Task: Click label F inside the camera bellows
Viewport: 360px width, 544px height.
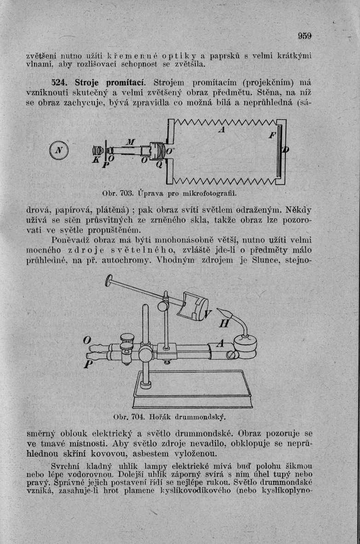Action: tap(271, 137)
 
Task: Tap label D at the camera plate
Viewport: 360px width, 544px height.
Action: tap(286, 150)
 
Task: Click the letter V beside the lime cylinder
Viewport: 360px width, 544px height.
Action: tap(208, 314)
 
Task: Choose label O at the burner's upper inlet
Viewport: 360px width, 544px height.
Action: tap(86, 340)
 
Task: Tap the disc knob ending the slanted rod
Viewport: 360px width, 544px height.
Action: tap(109, 279)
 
